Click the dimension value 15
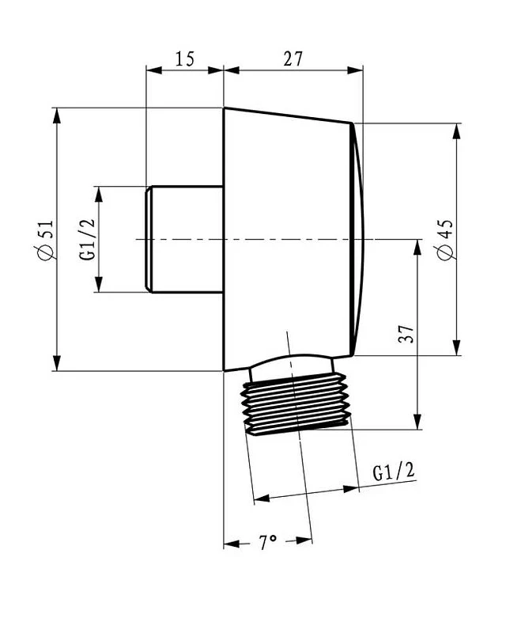pyautogui.click(x=185, y=59)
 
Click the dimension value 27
pyautogui.click(x=293, y=59)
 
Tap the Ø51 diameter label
pyautogui.click(x=46, y=240)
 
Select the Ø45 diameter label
pyautogui.click(x=445, y=240)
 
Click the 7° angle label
pyautogui.click(x=268, y=542)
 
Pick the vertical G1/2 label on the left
pyautogui.click(x=87, y=240)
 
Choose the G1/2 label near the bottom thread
pyautogui.click(x=394, y=471)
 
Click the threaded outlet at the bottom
pyautogui.click(x=296, y=404)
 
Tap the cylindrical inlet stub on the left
pyautogui.click(x=184, y=239)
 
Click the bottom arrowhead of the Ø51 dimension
pyautogui.click(x=57, y=363)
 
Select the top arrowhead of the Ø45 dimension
pyautogui.click(x=456, y=131)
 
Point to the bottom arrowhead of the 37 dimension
pyautogui.click(x=417, y=422)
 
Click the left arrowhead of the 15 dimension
pyautogui.click(x=153, y=70)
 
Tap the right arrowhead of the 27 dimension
pyautogui.click(x=355, y=70)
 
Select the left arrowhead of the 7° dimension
pyautogui.click(x=232, y=544)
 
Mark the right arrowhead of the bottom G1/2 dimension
pyautogui.click(x=351, y=489)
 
